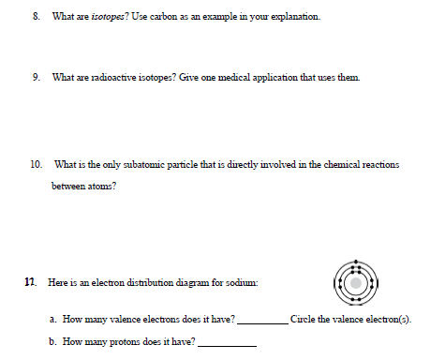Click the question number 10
36,164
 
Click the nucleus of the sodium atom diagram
356,278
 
